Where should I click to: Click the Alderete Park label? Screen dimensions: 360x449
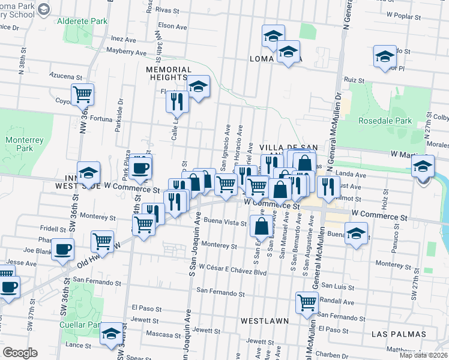82,21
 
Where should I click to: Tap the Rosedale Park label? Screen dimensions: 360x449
385,121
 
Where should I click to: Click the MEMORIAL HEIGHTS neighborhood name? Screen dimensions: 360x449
167,73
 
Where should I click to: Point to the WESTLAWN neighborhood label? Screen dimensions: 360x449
265,321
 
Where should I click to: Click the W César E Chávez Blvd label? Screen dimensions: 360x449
233,272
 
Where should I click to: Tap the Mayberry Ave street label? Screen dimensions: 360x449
127,53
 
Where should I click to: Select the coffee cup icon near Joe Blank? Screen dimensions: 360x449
62,248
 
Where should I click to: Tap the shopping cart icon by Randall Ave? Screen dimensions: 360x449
307,302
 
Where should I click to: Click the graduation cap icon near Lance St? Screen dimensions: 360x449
112,334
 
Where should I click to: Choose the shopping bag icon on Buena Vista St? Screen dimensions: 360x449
261,226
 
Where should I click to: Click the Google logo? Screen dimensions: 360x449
20,353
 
